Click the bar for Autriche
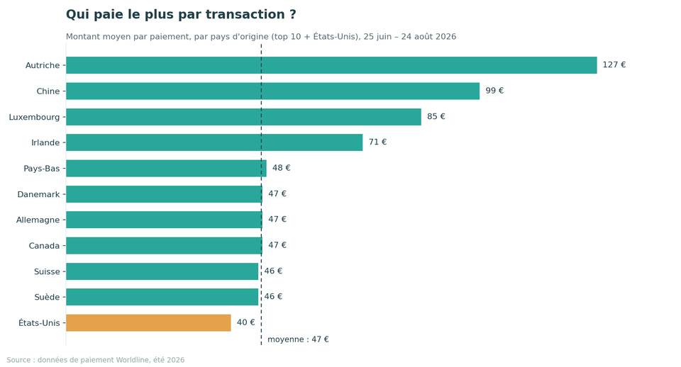(x=331, y=65)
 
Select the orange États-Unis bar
(x=148, y=323)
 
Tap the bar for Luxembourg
(x=243, y=117)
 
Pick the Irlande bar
(x=214, y=142)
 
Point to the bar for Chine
(x=272, y=91)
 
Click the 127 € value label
(x=614, y=65)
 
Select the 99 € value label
(x=494, y=91)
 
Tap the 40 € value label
(x=246, y=322)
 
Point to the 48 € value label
(x=282, y=168)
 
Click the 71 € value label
(x=378, y=142)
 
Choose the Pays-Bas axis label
(x=42, y=169)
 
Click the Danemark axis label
(x=38, y=194)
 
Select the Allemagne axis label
(x=38, y=220)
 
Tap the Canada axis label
(x=44, y=246)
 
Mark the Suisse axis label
(x=47, y=271)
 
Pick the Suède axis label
(x=47, y=297)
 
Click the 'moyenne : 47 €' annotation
(x=298, y=339)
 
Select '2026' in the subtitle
(x=445, y=36)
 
